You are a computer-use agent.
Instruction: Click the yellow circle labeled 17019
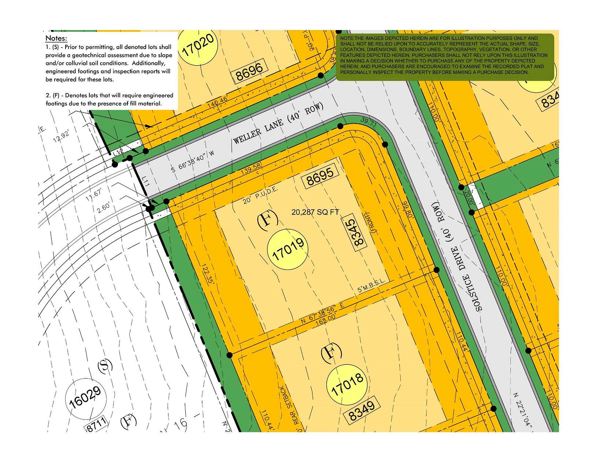(x=288, y=250)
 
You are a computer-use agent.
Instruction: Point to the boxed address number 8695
(x=320, y=176)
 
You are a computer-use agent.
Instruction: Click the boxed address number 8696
(x=249, y=71)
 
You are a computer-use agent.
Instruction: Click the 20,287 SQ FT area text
(x=315, y=212)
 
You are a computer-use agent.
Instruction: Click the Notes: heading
(x=56, y=38)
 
